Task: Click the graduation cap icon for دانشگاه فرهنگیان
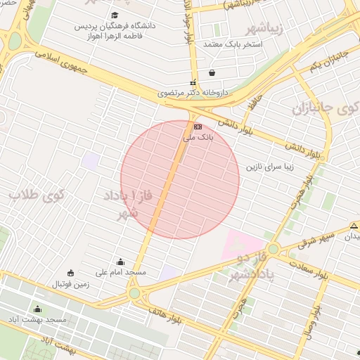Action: [x=115, y=15]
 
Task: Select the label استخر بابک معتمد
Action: [x=232, y=44]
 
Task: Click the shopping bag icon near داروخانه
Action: [x=212, y=72]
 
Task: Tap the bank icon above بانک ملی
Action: [x=198, y=126]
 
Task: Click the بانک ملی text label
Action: [x=198, y=137]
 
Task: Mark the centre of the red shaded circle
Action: [x=180, y=180]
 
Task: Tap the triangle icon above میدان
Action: [x=354, y=226]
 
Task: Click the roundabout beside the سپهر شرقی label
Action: [x=273, y=248]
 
